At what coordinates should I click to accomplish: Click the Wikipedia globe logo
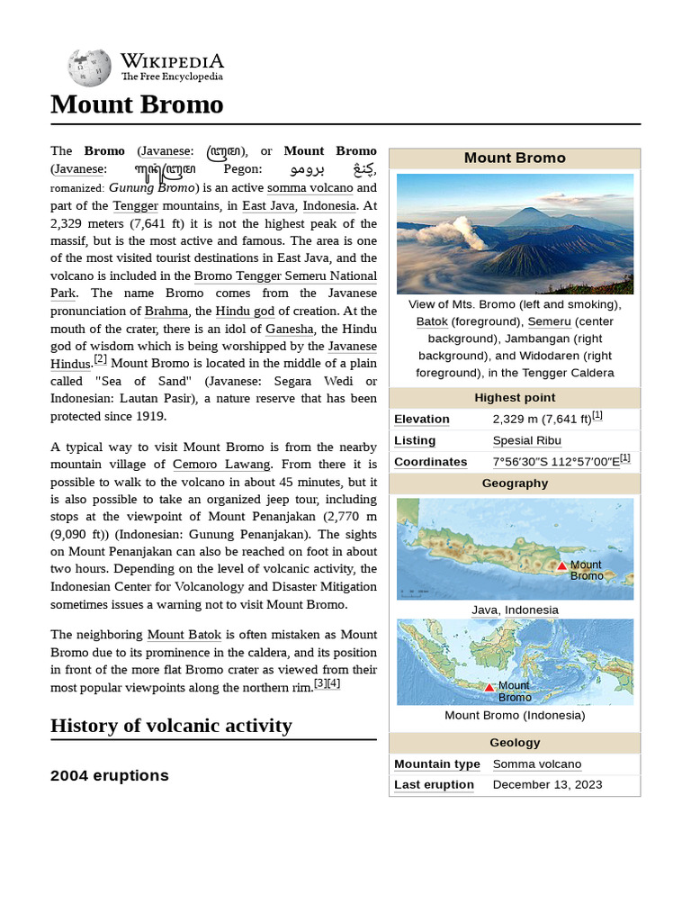(x=89, y=68)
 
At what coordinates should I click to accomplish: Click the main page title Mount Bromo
(x=137, y=104)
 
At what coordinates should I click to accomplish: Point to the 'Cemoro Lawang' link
(x=221, y=464)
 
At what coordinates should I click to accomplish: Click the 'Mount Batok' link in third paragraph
(x=184, y=634)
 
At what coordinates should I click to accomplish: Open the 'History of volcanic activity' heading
(x=171, y=726)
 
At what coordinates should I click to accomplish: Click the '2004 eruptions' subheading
(x=109, y=775)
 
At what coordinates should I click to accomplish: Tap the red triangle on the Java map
(x=561, y=565)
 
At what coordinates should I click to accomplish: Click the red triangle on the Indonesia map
(x=489, y=687)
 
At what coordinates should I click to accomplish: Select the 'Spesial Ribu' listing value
(x=526, y=440)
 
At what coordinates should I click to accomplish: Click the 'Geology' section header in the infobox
(x=515, y=743)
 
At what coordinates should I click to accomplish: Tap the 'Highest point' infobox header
(x=515, y=398)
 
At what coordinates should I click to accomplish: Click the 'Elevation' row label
(x=421, y=419)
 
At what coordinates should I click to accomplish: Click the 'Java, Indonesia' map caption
(x=515, y=610)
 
